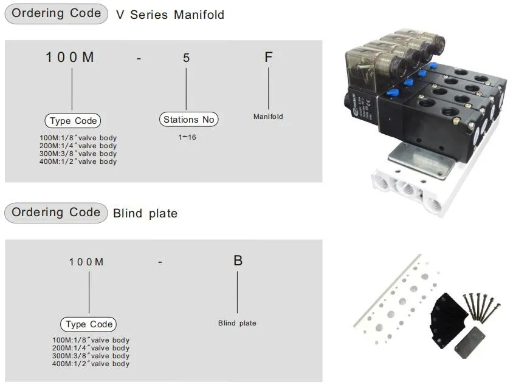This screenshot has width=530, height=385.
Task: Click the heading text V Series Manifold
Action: pyautogui.click(x=170, y=15)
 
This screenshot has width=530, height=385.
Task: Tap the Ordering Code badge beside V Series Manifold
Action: pyautogui.click(x=57, y=14)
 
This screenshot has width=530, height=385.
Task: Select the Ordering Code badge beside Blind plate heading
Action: pyautogui.click(x=57, y=213)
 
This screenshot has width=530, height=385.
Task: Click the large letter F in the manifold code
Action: pyautogui.click(x=268, y=58)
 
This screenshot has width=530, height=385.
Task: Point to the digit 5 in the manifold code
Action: pyautogui.click(x=186, y=58)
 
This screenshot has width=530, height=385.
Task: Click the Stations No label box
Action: pyautogui.click(x=188, y=120)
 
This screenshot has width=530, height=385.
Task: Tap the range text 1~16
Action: pyautogui.click(x=187, y=137)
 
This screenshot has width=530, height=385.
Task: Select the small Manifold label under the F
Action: pyautogui.click(x=268, y=117)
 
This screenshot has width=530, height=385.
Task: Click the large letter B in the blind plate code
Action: pyautogui.click(x=238, y=261)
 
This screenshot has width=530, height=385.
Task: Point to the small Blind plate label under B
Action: pyautogui.click(x=237, y=323)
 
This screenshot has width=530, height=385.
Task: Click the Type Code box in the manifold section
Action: pyautogui.click(x=73, y=121)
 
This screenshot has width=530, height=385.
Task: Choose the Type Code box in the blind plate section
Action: pyautogui.click(x=88, y=324)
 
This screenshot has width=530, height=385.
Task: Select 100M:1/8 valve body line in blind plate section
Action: pyautogui.click(x=91, y=340)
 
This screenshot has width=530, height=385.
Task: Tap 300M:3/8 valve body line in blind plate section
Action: pyautogui.click(x=91, y=356)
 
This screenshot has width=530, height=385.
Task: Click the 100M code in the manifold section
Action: pyautogui.click(x=71, y=58)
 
